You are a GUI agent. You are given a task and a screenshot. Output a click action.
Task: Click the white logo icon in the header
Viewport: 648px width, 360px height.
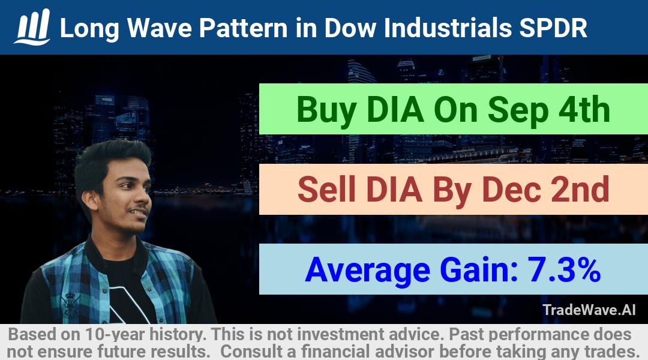coord(32,27)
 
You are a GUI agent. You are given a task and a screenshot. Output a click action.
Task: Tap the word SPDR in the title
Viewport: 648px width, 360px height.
coord(553,28)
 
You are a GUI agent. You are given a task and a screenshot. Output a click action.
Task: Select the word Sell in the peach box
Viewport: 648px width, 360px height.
coord(326,189)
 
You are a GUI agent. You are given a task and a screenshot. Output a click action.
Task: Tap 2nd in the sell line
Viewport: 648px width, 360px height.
coord(580,189)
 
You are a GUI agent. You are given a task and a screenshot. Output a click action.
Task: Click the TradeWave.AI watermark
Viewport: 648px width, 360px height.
coord(589,310)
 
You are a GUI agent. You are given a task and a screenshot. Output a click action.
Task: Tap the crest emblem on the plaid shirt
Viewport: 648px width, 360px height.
coord(70,305)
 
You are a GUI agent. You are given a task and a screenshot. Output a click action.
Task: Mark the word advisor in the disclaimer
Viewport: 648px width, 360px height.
coord(404,352)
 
